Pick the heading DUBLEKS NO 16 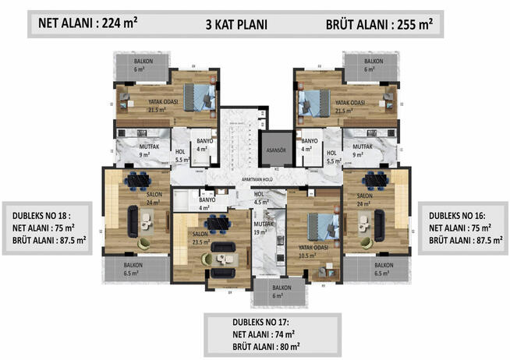(x=461, y=215)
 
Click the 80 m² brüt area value (x=282, y=345)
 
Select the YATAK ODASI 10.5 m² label (x=312, y=251)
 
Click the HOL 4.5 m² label (x=260, y=198)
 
